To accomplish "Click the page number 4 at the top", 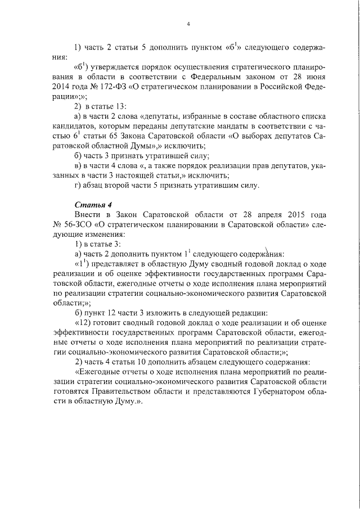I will pos(188,23).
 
